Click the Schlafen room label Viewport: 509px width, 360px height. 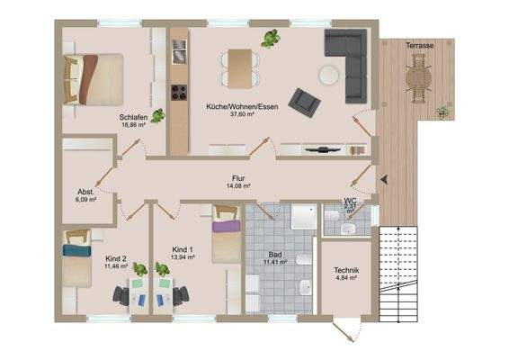pos(133,117)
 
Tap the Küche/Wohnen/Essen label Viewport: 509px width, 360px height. pos(242,106)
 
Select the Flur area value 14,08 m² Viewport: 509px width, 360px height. pos(238,185)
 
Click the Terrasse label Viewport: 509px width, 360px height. pos(419,46)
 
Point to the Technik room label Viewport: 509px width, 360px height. pos(346,270)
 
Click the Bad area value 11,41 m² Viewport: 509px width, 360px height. pos(275,262)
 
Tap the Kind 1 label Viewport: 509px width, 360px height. pos(183,249)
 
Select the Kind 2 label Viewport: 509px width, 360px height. pos(116,258)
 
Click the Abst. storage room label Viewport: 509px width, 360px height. pos(85,192)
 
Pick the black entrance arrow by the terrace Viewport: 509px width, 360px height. pos(384,179)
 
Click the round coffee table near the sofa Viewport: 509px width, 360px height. pos(329,76)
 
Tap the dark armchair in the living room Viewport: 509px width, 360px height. pos(304,103)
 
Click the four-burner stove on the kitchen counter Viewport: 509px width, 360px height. pos(179,93)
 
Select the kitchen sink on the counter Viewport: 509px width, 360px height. pos(180,52)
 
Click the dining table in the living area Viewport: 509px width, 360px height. pos(240,68)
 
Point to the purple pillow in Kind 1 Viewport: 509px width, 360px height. pos(227,226)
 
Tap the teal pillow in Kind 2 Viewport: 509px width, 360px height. pos(77,250)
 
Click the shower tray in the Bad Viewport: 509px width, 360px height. pos(304,217)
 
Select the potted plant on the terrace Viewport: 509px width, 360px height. pos(442,112)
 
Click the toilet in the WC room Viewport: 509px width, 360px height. pos(332,215)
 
